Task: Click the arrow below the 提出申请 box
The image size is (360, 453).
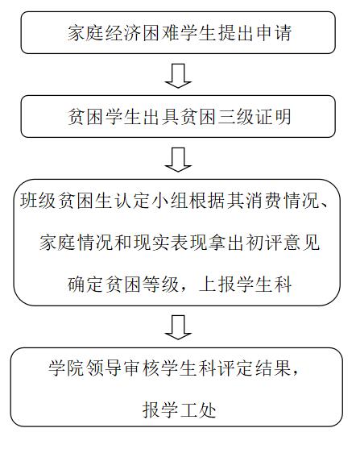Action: pos(178,76)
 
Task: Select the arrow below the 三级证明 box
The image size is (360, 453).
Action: pos(178,160)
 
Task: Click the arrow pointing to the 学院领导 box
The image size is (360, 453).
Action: pos(178,327)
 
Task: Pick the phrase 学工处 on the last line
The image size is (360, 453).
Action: pos(179,410)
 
